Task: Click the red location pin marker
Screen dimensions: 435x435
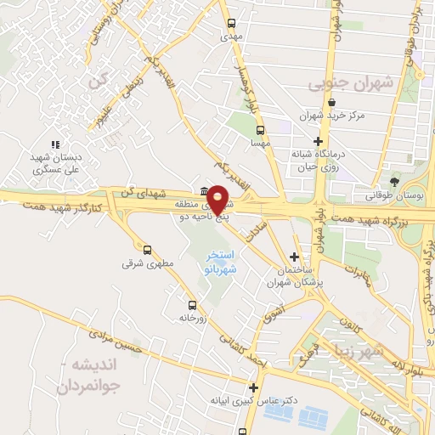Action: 218,199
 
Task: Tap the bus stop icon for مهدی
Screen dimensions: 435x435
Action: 232,24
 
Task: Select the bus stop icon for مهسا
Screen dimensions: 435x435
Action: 261,131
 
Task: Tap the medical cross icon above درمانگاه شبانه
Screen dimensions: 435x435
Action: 319,141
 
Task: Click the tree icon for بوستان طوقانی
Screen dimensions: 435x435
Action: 393,181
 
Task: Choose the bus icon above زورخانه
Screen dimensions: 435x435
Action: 191,304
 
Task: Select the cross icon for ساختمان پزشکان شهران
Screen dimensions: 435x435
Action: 294,257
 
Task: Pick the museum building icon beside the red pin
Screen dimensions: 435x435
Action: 204,191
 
